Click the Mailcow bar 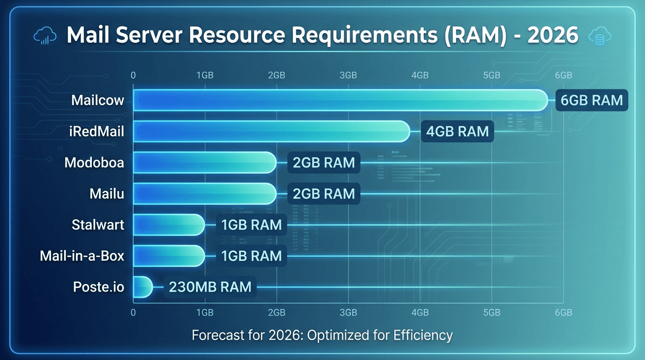pos(340,100)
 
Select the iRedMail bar pos(271,131)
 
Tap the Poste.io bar pos(143,287)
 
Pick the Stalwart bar pos(169,225)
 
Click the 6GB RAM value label pos(592,100)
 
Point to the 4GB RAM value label pos(457,131)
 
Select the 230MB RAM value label pos(210,287)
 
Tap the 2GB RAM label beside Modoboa pos(324,163)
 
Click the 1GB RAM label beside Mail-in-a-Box pos(252,256)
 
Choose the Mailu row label pos(107,194)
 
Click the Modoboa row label pos(94,163)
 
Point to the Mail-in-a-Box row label pos(82,256)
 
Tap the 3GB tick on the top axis pos(348,75)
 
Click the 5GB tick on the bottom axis pos(491,313)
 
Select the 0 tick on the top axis pos(134,75)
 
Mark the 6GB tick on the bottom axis pos(563,313)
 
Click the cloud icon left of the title pos(45,36)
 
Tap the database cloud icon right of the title pos(600,36)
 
